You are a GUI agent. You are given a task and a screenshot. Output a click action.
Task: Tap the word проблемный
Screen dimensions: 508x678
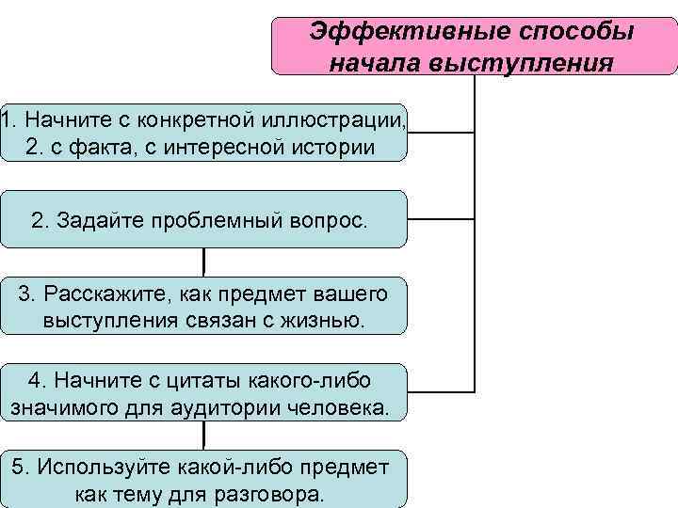click(218, 220)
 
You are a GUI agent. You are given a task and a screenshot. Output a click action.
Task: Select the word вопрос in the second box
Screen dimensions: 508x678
click(329, 220)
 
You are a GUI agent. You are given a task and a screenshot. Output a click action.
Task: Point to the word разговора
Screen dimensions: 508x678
click(278, 495)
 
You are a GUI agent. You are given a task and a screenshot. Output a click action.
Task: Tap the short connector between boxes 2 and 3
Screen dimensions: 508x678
click(204, 262)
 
